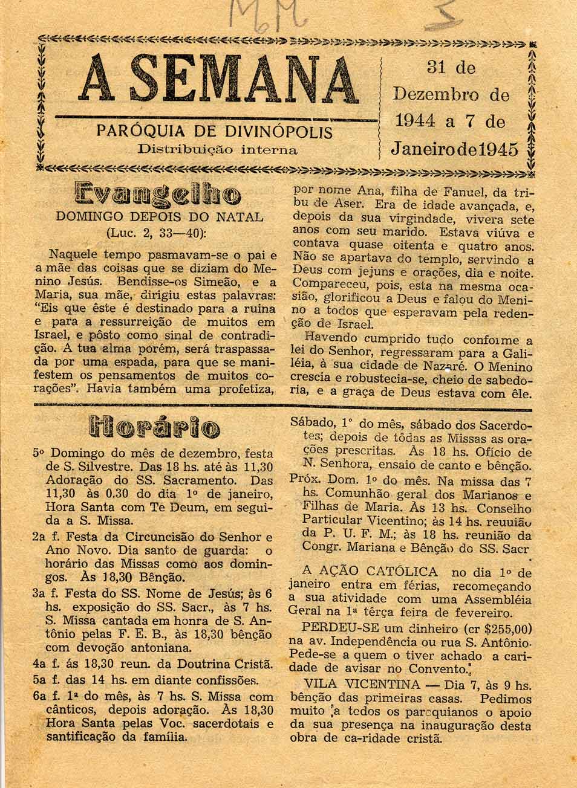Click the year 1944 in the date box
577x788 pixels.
(417, 121)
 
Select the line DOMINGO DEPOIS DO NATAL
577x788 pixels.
(159, 217)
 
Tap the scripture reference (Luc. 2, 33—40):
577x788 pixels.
(157, 233)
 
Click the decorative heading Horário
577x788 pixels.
(154, 428)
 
